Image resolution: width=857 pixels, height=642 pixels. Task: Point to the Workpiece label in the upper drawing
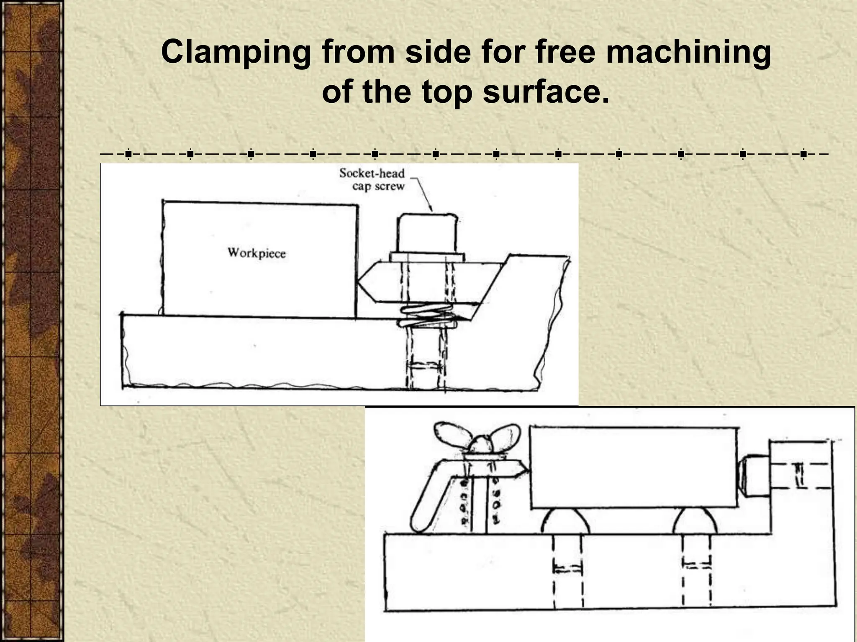(257, 253)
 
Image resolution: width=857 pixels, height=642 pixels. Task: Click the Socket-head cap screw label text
(372, 179)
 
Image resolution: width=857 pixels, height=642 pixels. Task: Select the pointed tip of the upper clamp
(361, 284)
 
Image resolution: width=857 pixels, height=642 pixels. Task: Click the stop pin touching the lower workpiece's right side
(753, 476)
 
